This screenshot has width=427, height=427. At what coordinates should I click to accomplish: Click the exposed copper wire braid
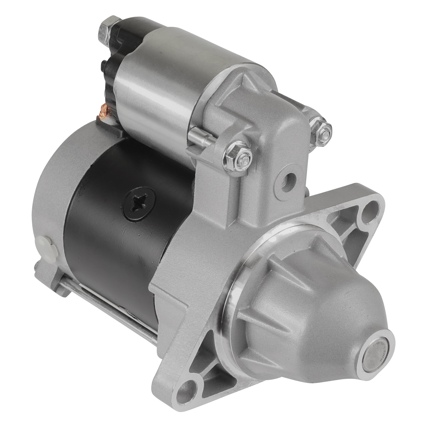click(x=104, y=112)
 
